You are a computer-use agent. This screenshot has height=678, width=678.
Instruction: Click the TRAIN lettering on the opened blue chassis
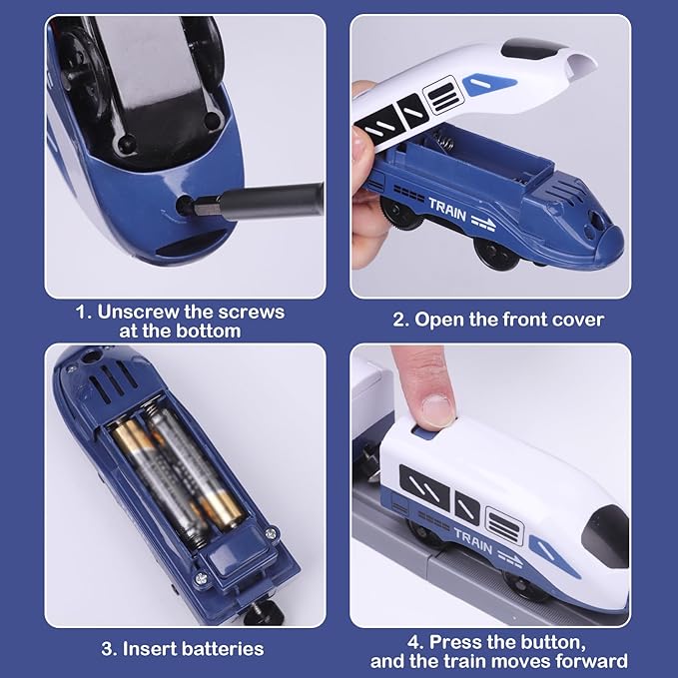(447, 205)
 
